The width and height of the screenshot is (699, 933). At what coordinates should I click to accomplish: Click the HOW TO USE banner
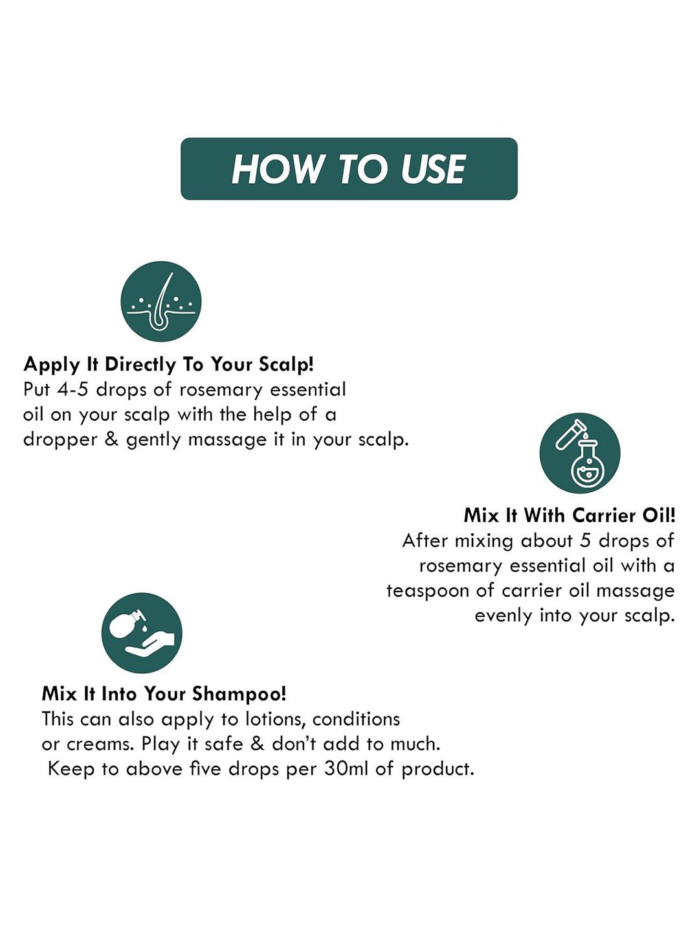pos(349,168)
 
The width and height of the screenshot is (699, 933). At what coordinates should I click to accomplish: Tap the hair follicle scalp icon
pos(161,301)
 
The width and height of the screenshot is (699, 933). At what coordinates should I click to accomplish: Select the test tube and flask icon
pos(580,453)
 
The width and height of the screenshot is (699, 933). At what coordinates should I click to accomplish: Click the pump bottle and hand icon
pos(142,633)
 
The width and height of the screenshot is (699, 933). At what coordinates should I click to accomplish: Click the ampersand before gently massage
pos(111,439)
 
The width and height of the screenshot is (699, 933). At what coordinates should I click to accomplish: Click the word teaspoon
pos(427,592)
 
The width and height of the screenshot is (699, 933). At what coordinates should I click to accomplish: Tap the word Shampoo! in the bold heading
pos(239,695)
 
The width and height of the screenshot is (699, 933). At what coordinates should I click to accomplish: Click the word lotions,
pos(276,719)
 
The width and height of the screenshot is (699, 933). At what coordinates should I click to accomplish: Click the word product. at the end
pos(438,770)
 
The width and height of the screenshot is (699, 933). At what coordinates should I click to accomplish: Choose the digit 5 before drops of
pos(585,540)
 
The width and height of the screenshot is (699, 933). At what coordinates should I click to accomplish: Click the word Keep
pos(71,770)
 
